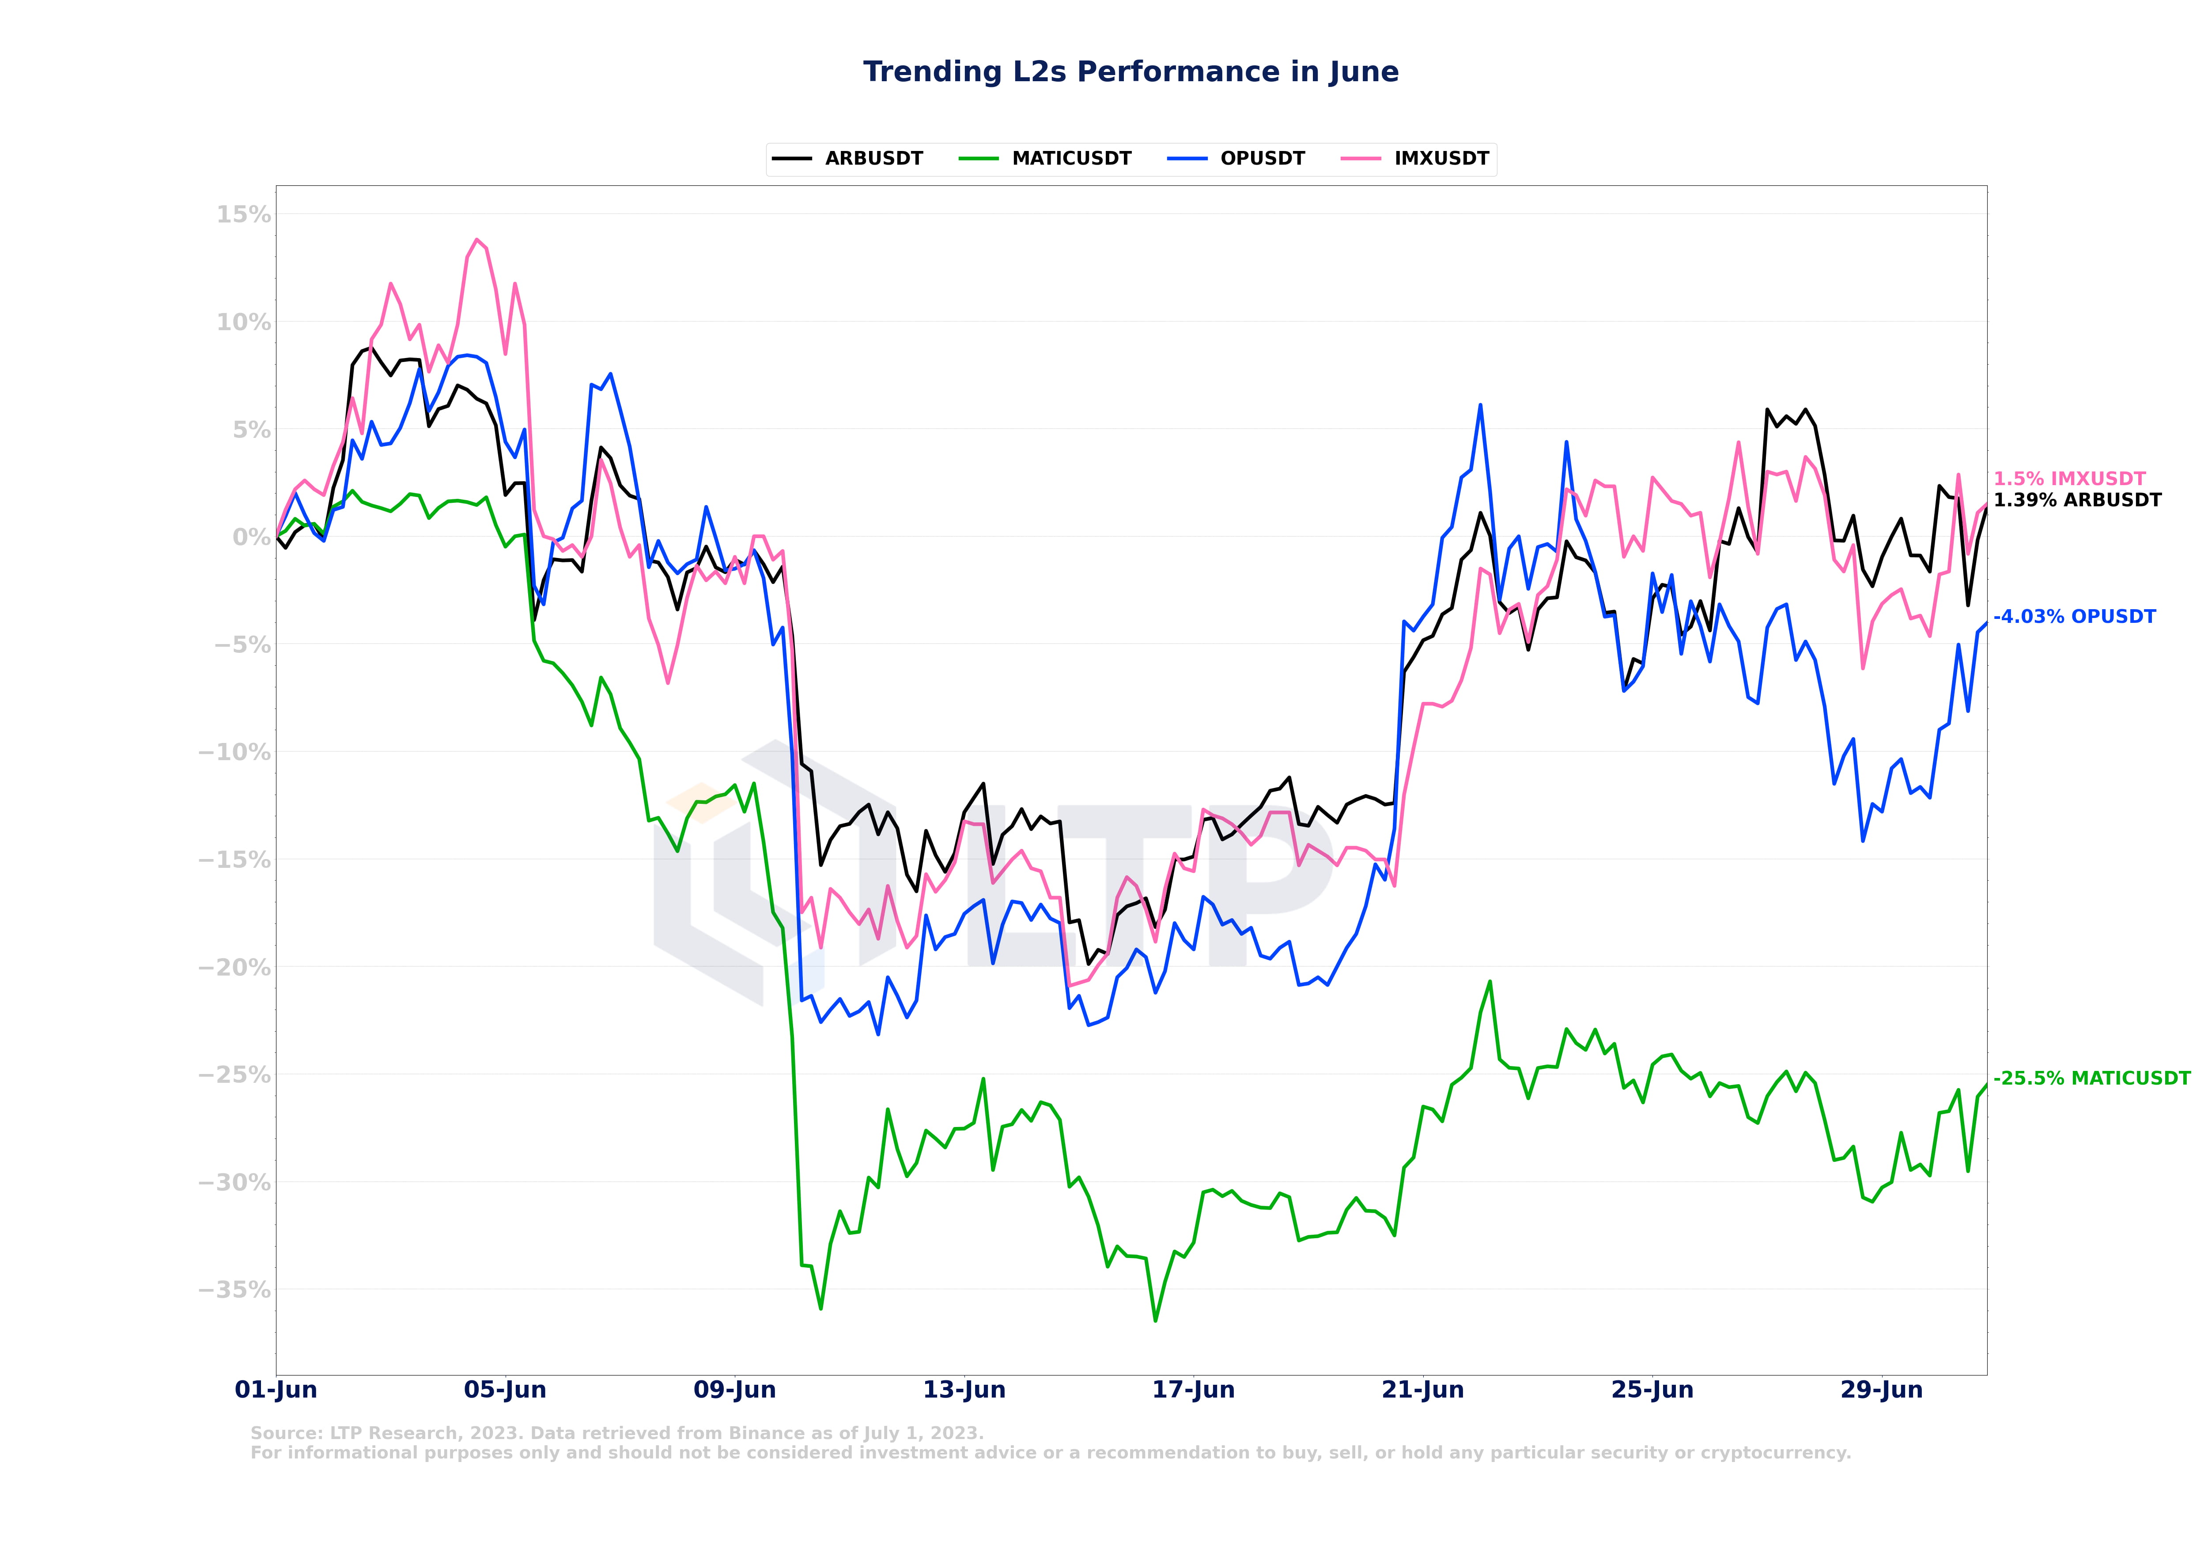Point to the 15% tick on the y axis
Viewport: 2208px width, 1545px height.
(x=243, y=215)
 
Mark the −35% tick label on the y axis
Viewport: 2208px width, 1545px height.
(x=234, y=1289)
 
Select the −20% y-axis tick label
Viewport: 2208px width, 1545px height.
(x=234, y=967)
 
